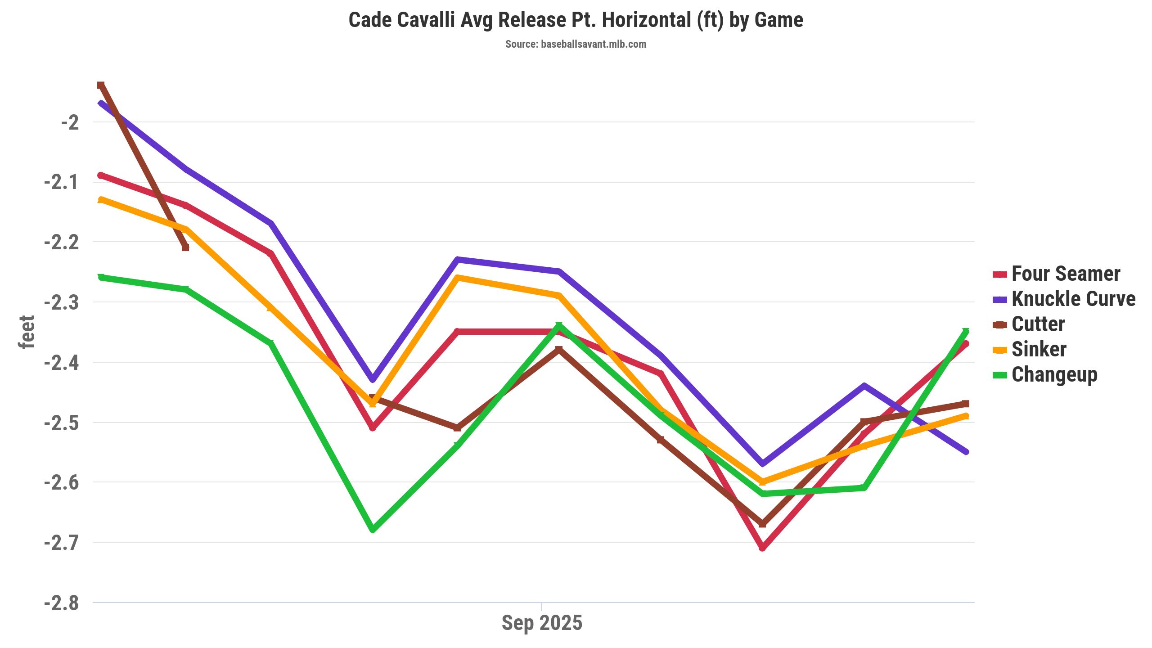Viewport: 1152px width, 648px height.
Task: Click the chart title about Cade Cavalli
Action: coord(576,20)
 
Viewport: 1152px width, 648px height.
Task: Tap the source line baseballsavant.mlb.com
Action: coord(576,44)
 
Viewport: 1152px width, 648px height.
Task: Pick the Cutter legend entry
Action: coord(1038,324)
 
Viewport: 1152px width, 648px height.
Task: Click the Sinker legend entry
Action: coord(1039,349)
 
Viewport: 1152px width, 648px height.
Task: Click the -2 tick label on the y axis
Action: coord(70,122)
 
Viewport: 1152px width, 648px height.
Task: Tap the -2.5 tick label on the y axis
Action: coord(62,423)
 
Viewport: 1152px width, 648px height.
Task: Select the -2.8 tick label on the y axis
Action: coord(62,603)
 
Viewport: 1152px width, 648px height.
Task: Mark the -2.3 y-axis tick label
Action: coord(62,302)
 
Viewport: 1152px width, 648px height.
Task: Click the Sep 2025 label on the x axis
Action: coord(542,623)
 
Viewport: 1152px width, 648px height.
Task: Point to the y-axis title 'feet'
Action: coord(27,332)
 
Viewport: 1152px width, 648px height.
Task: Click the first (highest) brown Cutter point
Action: coord(101,85)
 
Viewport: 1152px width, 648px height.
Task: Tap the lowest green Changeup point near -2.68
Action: coord(373,530)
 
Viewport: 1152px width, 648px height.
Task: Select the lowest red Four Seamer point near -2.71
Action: coord(762,548)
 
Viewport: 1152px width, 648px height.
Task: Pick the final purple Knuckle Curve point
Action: coord(966,452)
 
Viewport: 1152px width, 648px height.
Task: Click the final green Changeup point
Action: coord(966,332)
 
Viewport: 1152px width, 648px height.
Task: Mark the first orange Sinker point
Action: coord(101,199)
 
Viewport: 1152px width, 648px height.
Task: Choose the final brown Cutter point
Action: coord(966,404)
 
